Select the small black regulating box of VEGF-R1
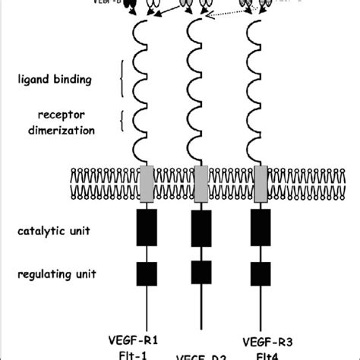tap(147, 272)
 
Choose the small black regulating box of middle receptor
tap(200, 272)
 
